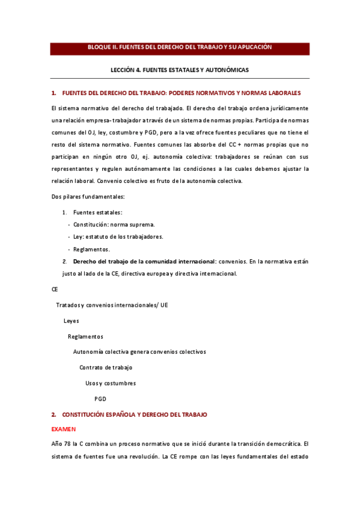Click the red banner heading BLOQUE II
point(180,47)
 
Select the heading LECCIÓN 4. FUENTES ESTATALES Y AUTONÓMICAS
point(180,70)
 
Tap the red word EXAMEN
point(64,429)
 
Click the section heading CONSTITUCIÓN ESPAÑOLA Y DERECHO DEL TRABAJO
point(134,415)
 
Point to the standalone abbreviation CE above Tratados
point(55,289)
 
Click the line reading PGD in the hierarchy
point(100,399)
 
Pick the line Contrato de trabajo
point(106,367)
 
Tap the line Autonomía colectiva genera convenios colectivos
point(139,352)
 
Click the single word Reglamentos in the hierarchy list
point(85,336)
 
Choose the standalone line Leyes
point(71,321)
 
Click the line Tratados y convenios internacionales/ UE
point(112,305)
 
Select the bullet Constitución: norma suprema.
point(114,224)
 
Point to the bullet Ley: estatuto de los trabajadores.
point(118,236)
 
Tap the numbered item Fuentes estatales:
point(97,212)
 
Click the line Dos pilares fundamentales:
point(88,197)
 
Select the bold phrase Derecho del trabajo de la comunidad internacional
point(144,262)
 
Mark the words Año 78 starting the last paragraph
point(61,444)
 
